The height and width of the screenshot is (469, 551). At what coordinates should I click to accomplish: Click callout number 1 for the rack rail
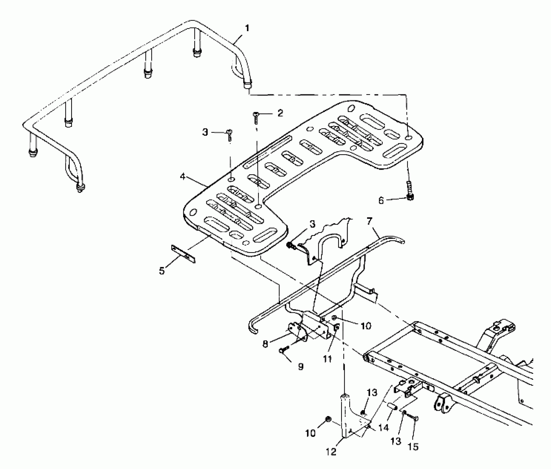coord(247,28)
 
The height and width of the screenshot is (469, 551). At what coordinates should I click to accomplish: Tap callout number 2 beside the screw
coord(280,113)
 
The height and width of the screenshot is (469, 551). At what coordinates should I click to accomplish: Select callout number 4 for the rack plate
coord(183,176)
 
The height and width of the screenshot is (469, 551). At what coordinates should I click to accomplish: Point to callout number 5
coord(162,271)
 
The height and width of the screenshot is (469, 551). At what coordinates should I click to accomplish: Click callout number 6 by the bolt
coord(381,201)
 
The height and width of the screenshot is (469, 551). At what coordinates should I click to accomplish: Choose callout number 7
coord(370,221)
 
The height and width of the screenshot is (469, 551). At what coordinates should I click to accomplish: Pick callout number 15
coord(413,446)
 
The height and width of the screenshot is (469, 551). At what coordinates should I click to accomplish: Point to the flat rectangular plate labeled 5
coord(183,254)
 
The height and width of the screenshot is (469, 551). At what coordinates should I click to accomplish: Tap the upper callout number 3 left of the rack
coord(205,132)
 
